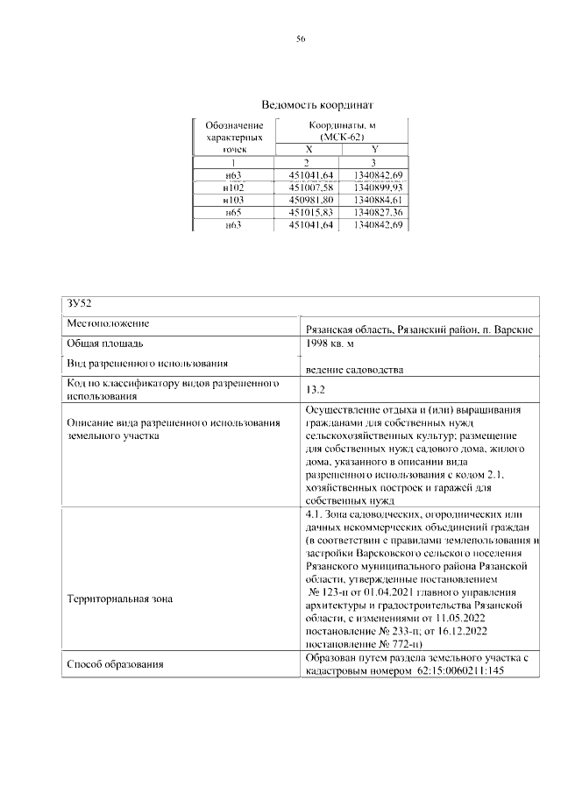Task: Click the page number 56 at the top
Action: (x=301, y=39)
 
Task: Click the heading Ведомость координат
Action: (x=300, y=103)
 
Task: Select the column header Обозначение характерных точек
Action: (x=233, y=138)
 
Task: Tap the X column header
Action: (x=309, y=150)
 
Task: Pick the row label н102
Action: (x=233, y=188)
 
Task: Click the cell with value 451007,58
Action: (x=309, y=188)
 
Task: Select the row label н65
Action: (x=233, y=212)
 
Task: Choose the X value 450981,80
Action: (x=309, y=200)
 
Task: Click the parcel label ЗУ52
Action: (x=80, y=303)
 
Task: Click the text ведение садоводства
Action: (x=354, y=371)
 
